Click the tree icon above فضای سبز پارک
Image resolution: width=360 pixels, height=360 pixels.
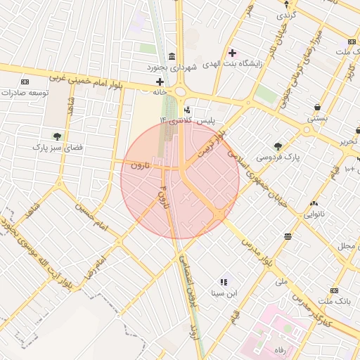point(56,136)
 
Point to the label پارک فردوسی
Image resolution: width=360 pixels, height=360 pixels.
point(278,157)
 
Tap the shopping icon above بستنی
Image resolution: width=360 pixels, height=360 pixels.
point(317,108)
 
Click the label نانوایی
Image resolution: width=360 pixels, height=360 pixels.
point(314,213)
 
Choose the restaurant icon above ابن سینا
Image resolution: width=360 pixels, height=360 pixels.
point(224,281)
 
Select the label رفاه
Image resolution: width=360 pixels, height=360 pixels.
point(281,349)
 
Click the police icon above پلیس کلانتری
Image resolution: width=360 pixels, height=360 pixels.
point(186,110)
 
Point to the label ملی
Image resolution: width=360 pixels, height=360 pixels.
point(282,281)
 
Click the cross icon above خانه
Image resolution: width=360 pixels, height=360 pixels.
point(160,82)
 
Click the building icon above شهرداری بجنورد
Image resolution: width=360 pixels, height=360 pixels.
point(172,56)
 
